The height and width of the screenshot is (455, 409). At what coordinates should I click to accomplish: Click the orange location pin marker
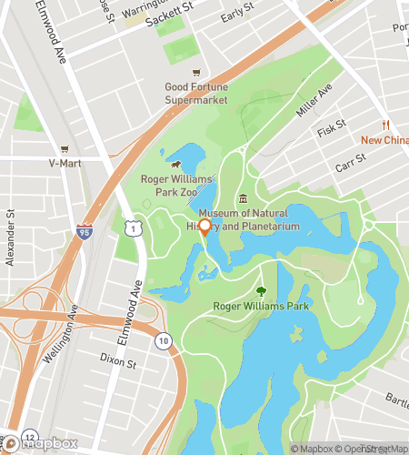pyautogui.click(x=205, y=227)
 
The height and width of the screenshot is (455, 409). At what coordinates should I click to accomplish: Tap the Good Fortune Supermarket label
pyautogui.click(x=195, y=93)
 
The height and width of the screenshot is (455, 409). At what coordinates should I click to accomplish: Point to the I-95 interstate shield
pyautogui.click(x=85, y=232)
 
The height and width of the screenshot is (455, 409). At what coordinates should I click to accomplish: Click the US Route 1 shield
pyautogui.click(x=134, y=232)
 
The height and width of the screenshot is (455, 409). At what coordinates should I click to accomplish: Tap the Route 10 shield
pyautogui.click(x=163, y=340)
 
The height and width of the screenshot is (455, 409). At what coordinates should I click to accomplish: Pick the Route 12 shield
pyautogui.click(x=30, y=437)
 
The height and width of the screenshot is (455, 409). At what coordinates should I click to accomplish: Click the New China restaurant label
pyautogui.click(x=384, y=140)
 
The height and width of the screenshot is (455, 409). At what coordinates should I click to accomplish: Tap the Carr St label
pyautogui.click(x=349, y=165)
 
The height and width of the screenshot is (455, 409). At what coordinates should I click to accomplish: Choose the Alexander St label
pyautogui.click(x=11, y=239)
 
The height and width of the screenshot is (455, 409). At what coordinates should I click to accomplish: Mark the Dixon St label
pyautogui.click(x=118, y=363)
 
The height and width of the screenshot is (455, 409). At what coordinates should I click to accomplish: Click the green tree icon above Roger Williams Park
pyautogui.click(x=262, y=291)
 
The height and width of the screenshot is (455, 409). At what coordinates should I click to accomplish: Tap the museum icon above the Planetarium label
pyautogui.click(x=243, y=199)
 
